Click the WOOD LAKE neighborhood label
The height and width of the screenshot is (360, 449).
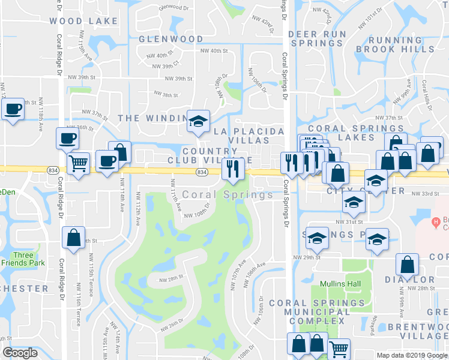[x=83, y=21]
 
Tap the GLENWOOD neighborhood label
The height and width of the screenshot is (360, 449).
[x=171, y=39]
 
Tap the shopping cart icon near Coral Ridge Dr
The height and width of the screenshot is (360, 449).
[x=78, y=163]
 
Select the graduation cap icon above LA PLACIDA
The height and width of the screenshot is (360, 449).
[x=197, y=121]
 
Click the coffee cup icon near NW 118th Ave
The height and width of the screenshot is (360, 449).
[x=12, y=109]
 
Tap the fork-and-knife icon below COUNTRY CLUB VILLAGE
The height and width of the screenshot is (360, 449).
[x=232, y=169]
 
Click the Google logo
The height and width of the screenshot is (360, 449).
[x=20, y=353]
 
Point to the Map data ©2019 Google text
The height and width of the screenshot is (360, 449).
[x=412, y=355]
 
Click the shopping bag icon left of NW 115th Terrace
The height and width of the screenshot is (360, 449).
[x=73, y=237]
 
